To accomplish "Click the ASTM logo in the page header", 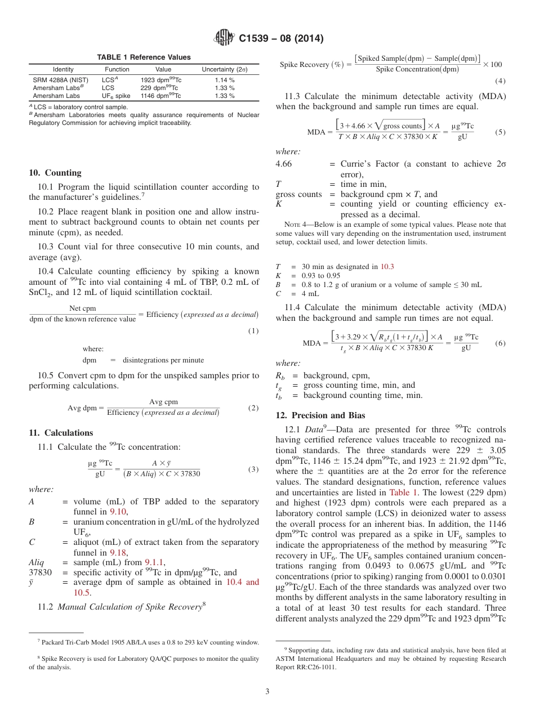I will [225, 39].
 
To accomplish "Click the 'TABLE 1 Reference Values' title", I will [144, 57].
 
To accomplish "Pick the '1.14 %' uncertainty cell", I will [224, 80].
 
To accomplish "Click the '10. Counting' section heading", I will [55, 173].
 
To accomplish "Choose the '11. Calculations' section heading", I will [61, 433].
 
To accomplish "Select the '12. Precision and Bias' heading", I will [320, 415].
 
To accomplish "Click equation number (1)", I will [253, 330].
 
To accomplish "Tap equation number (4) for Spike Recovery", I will [500, 80].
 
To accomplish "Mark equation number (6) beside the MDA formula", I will [500, 343].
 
